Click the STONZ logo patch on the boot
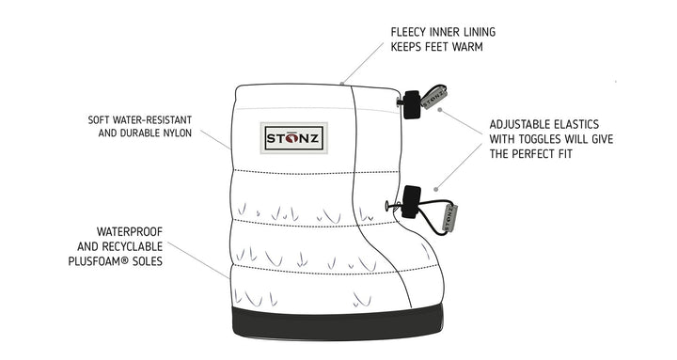pos(293,138)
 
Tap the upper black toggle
pos(412,104)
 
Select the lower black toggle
pos(411,201)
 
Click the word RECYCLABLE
pos(133,246)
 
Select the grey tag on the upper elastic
pos(433,98)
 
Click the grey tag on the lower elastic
pos(449,218)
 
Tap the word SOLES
pos(149,261)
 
